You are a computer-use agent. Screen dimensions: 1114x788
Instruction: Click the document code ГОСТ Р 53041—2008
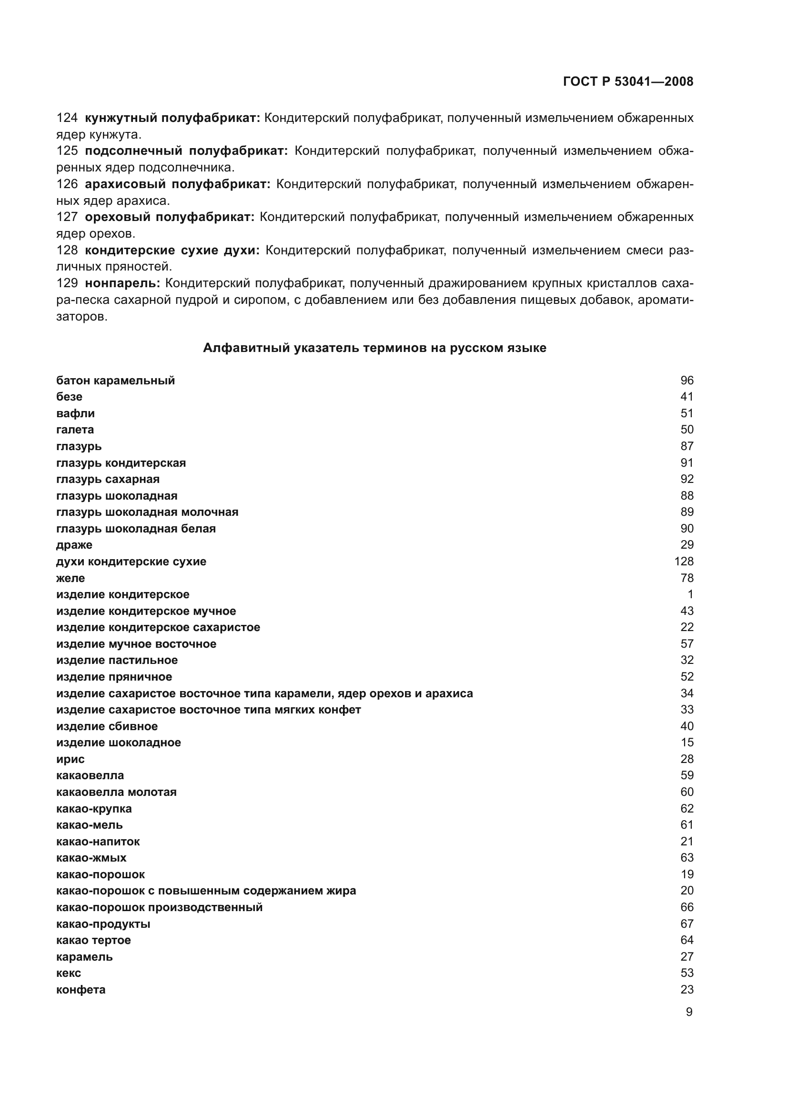point(628,81)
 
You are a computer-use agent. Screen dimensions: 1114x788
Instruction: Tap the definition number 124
point(67,118)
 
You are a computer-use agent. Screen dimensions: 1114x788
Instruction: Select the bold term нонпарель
point(122,283)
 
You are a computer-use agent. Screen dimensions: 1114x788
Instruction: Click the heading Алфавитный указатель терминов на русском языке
point(374,348)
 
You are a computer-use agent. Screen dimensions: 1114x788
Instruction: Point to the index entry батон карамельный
point(115,381)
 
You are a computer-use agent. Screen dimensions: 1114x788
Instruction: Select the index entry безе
point(70,397)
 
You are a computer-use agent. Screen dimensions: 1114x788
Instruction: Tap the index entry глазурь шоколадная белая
point(136,528)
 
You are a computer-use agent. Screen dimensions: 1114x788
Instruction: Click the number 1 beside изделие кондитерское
point(690,594)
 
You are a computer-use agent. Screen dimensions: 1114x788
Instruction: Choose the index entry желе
point(71,578)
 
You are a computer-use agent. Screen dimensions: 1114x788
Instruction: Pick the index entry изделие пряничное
point(114,676)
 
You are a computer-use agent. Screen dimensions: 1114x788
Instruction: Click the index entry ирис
point(71,759)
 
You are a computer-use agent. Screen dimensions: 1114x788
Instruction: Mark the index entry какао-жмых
point(91,857)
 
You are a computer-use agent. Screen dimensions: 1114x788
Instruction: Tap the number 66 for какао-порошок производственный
point(687,907)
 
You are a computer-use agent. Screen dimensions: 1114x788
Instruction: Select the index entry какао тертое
point(94,940)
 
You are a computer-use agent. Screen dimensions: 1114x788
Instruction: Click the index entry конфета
point(81,989)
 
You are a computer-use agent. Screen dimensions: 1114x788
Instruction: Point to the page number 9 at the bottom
point(688,1012)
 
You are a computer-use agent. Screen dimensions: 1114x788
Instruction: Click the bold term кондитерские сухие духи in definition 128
point(172,251)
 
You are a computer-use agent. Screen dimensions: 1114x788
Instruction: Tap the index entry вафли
point(75,413)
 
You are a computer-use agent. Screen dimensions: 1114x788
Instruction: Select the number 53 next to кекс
point(687,973)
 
